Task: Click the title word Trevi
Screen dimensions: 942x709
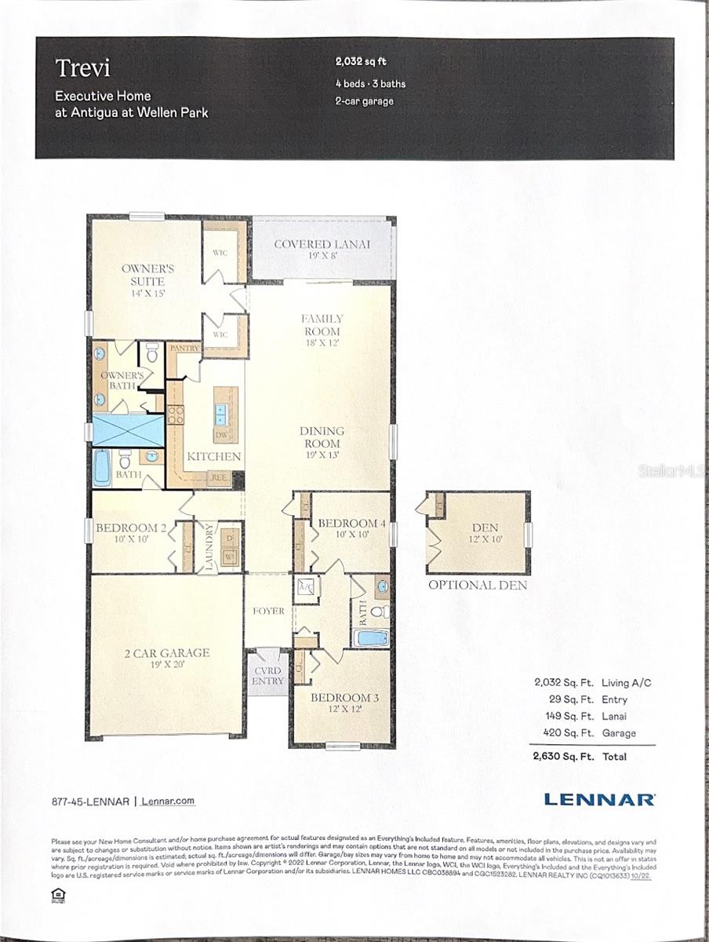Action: tap(82, 68)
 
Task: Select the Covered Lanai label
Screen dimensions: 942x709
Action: tap(322, 244)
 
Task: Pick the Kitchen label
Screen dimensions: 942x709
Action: tap(213, 456)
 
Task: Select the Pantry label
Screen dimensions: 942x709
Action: tap(185, 348)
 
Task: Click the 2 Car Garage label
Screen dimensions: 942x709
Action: tap(165, 652)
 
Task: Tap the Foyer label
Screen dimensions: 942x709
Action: tap(268, 611)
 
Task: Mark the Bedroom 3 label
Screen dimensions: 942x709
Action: tap(340, 698)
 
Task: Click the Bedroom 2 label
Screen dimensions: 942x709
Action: tap(130, 528)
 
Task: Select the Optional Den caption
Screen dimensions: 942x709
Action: tap(477, 585)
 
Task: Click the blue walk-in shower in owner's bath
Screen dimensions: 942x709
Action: tap(127, 430)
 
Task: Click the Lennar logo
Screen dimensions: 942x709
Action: tap(599, 800)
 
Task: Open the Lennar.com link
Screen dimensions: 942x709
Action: tap(169, 801)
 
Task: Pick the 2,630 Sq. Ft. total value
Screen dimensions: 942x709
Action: tap(558, 757)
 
